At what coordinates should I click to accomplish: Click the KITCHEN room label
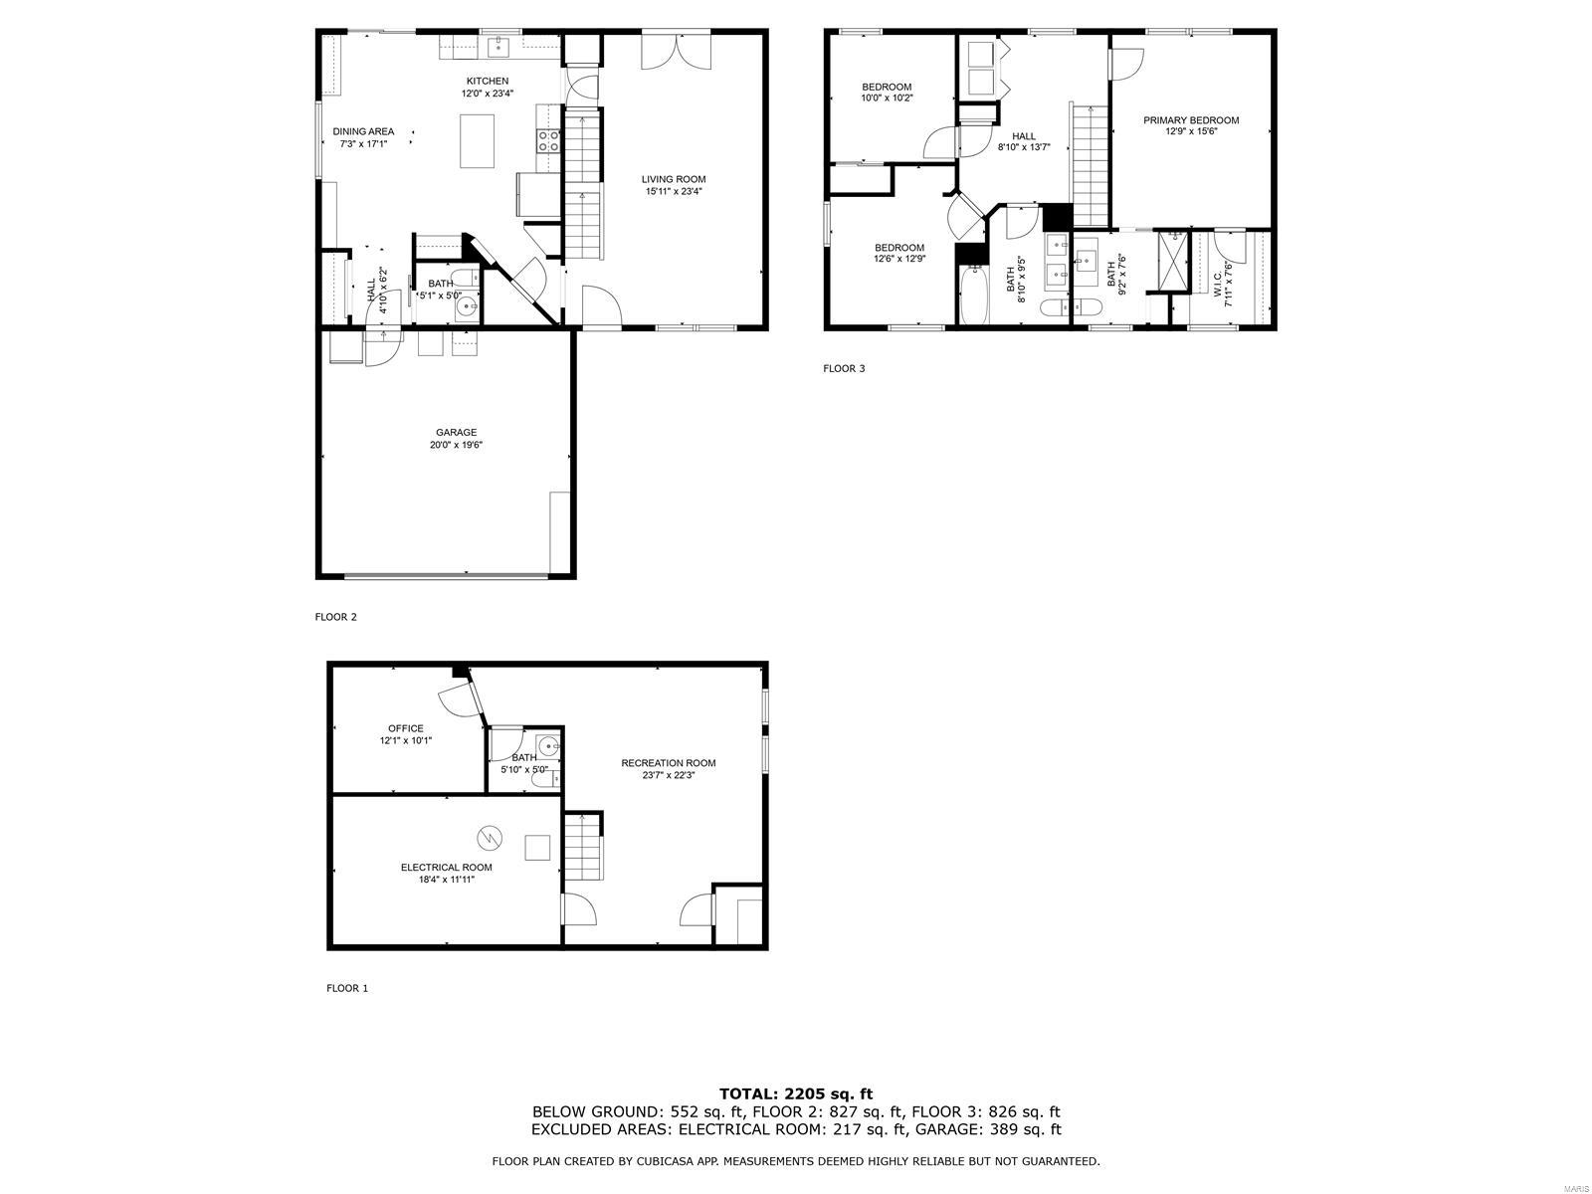tap(488, 81)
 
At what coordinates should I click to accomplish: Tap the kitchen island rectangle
tap(478, 141)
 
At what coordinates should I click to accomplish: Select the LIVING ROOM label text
tap(674, 180)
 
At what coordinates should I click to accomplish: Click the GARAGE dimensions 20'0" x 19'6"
tap(456, 445)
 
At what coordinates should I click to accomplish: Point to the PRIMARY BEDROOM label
tap(1191, 120)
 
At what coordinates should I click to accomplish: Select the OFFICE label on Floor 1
tap(405, 728)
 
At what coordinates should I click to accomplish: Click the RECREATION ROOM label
tap(668, 763)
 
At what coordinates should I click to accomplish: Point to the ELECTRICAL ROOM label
tap(446, 868)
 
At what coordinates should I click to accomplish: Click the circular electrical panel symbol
tap(488, 838)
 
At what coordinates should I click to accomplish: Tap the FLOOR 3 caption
tap(844, 368)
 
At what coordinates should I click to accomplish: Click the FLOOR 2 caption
tap(335, 617)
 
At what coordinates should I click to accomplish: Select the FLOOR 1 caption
tap(347, 988)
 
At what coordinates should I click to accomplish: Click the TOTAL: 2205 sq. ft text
tap(796, 1094)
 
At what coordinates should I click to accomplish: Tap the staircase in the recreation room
tap(584, 846)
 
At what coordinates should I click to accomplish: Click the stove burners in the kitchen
tap(548, 140)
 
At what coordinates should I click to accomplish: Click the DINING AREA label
tap(363, 131)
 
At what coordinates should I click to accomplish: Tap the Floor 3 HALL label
tap(1024, 136)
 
